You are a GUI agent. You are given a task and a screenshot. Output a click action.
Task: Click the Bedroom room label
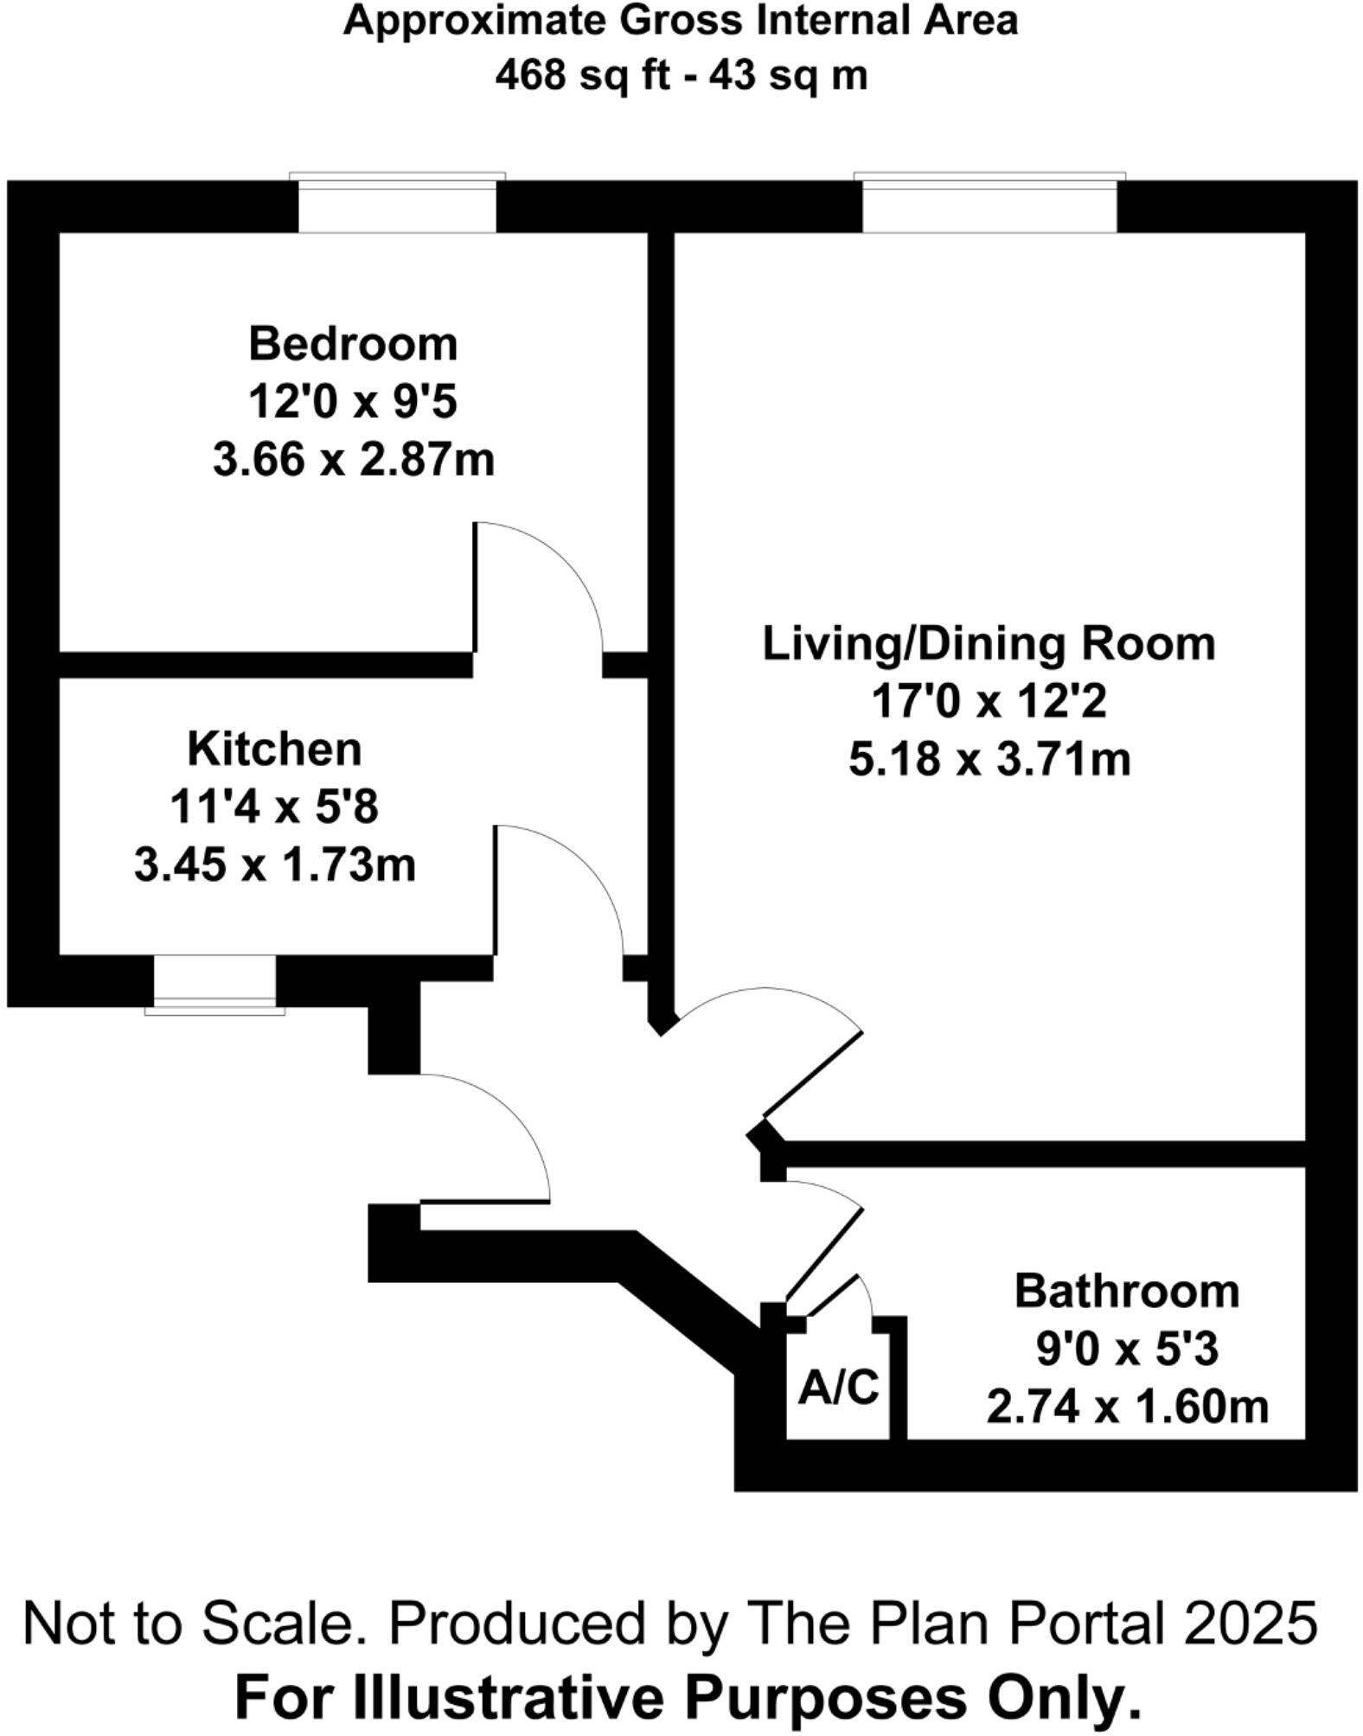[353, 344]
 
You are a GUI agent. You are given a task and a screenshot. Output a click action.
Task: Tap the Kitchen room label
[274, 749]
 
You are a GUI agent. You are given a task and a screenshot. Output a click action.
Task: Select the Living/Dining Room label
[989, 644]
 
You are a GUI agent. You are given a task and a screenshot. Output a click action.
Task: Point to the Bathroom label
[1126, 1291]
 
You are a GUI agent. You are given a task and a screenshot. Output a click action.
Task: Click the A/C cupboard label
[837, 1388]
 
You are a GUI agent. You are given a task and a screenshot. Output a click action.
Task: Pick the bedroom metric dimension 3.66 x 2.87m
[353, 459]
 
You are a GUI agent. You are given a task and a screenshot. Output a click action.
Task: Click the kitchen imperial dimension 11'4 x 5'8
[274, 807]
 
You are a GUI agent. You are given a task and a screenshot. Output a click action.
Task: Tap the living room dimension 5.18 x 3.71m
[989, 761]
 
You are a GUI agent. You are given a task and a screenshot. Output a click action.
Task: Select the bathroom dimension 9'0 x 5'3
[1126, 1349]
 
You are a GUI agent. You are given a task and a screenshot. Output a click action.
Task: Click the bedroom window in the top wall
[397, 205]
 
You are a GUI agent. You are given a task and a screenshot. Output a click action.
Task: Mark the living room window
[989, 205]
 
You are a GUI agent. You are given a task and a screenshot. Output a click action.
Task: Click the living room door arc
[778, 1003]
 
